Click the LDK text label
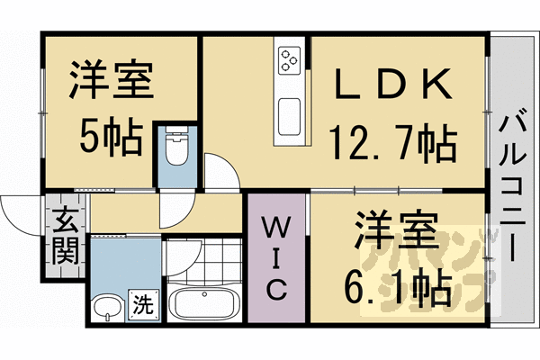point(390,86)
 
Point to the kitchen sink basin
point(291,114)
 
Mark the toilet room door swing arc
point(221,171)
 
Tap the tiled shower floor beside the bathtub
point(203,261)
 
